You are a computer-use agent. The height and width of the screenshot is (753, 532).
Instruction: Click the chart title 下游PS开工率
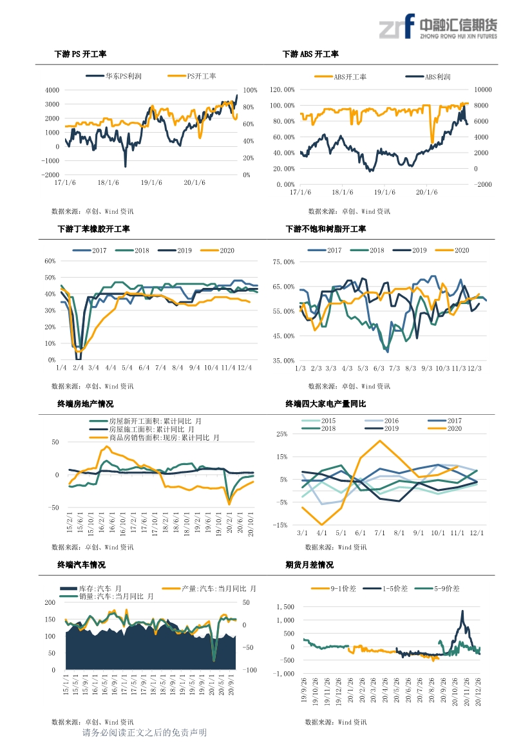[x=80, y=55]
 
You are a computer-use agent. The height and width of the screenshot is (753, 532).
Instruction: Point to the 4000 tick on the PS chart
[x=53, y=90]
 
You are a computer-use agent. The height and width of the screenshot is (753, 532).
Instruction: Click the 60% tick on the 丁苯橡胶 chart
[x=50, y=261]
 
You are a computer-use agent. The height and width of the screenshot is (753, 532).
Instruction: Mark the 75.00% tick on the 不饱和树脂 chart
[x=283, y=262]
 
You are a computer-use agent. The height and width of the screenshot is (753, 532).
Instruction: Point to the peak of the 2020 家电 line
[x=379, y=441]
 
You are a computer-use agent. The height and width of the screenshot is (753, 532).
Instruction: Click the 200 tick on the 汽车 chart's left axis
[x=50, y=602]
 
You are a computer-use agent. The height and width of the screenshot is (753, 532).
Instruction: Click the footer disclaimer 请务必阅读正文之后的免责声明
[x=145, y=733]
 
